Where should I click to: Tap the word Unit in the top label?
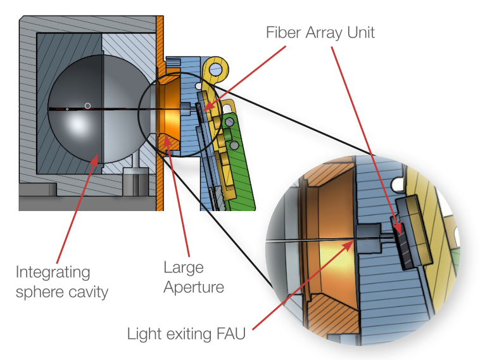[x=360, y=32]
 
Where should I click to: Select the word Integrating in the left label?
[x=53, y=273]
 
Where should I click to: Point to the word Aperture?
[x=194, y=287]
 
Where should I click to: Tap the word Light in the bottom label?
[x=144, y=333]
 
